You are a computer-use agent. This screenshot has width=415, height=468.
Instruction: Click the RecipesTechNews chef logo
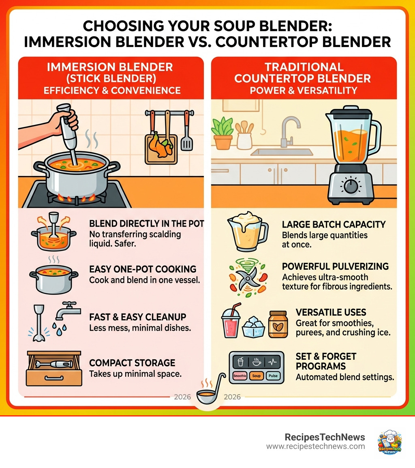(x=389, y=442)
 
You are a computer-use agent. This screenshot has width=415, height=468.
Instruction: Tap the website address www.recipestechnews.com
(x=315, y=447)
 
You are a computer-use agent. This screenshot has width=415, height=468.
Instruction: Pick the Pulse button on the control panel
(x=273, y=376)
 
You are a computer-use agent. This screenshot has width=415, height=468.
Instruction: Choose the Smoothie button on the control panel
(x=240, y=376)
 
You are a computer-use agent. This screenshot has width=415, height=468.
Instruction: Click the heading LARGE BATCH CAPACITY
(x=334, y=225)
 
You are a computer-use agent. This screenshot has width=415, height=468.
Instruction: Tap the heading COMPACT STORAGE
(x=132, y=363)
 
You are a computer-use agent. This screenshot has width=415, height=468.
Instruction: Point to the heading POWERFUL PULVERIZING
(x=335, y=266)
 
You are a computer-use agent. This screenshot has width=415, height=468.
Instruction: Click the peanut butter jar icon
(x=278, y=324)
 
